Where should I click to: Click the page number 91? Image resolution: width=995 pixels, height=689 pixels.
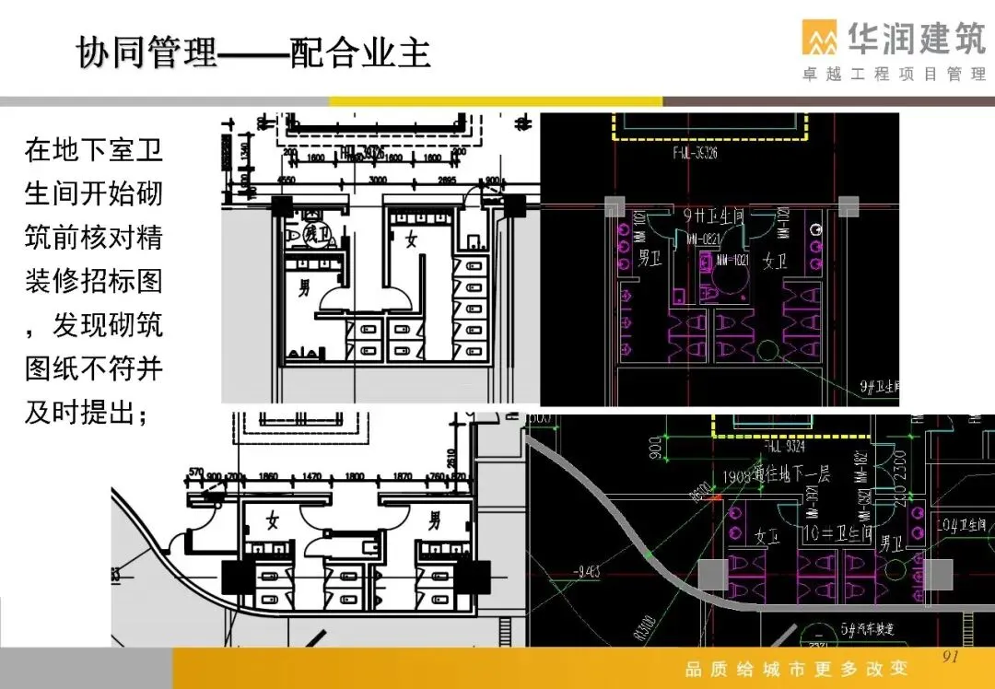[951, 657]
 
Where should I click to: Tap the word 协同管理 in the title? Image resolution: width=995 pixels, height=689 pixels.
[146, 53]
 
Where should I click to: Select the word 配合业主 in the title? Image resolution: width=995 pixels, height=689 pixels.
[361, 53]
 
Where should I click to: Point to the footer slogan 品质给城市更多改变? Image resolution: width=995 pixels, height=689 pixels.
[797, 669]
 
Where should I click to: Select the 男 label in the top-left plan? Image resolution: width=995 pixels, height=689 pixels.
[304, 288]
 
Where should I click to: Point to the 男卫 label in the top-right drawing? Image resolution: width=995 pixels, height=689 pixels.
[650, 261]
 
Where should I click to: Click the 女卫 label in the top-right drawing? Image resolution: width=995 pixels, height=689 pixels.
[775, 262]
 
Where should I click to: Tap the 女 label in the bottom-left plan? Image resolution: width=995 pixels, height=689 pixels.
[273, 521]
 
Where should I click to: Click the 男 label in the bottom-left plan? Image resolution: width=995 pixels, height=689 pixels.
[433, 521]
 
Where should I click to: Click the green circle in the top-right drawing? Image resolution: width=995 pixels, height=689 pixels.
[767, 349]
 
